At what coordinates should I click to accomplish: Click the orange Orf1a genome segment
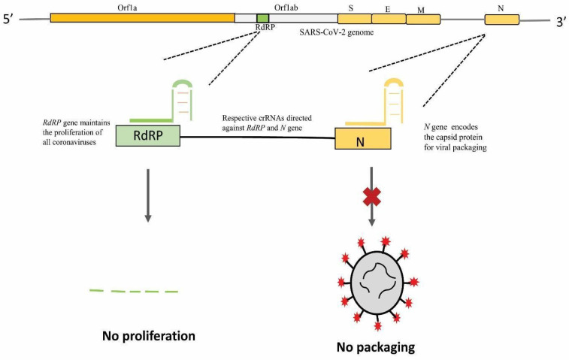[x=142, y=17]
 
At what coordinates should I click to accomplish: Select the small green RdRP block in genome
[x=262, y=17]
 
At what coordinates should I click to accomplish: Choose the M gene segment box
[x=422, y=19]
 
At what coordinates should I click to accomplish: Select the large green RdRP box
[x=148, y=136]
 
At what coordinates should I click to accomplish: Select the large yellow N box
[x=362, y=139]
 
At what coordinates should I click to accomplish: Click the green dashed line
[x=133, y=290]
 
